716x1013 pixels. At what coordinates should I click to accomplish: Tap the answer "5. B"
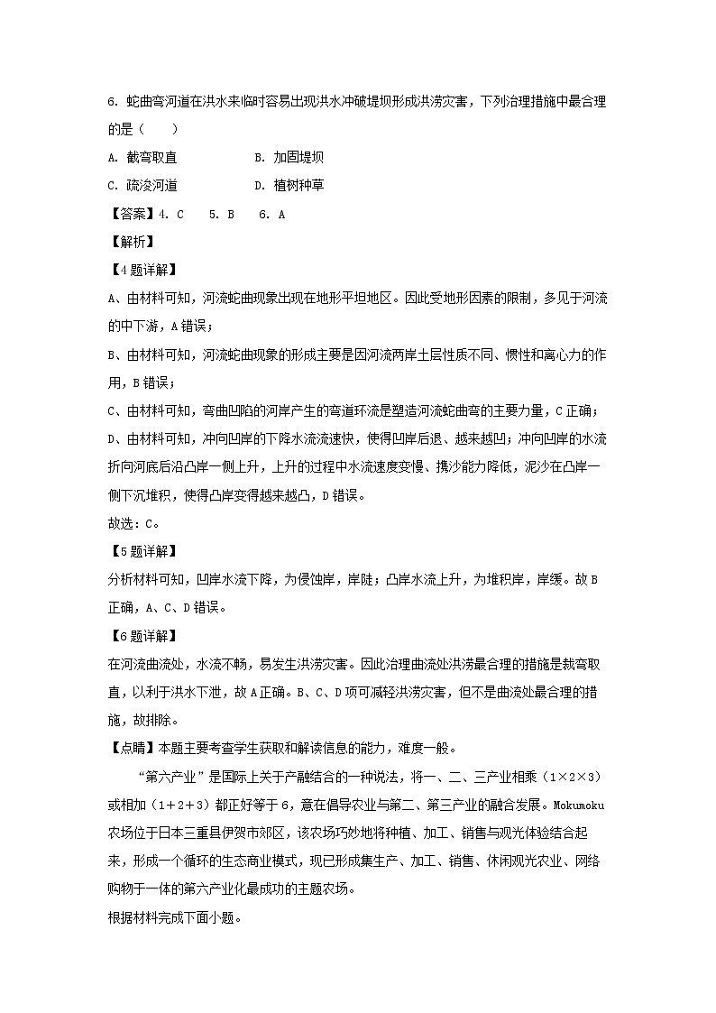[221, 214]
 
